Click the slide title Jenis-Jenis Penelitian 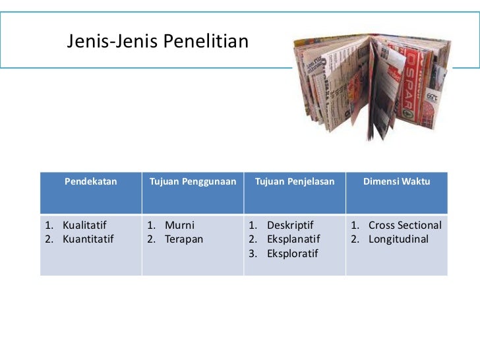tap(158, 43)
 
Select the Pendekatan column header tap(90, 181)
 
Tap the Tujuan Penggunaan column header tap(193, 181)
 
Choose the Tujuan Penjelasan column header tap(295, 181)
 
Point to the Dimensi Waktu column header tap(396, 181)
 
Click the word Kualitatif tap(84, 225)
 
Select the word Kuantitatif tap(88, 239)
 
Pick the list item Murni tap(180, 225)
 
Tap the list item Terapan tap(184, 239)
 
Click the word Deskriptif tap(290, 225)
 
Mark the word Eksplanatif tap(293, 239)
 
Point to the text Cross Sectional tap(405, 225)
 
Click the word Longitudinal tap(398, 239)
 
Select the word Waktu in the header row tap(415, 181)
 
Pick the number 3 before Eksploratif tap(252, 253)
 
